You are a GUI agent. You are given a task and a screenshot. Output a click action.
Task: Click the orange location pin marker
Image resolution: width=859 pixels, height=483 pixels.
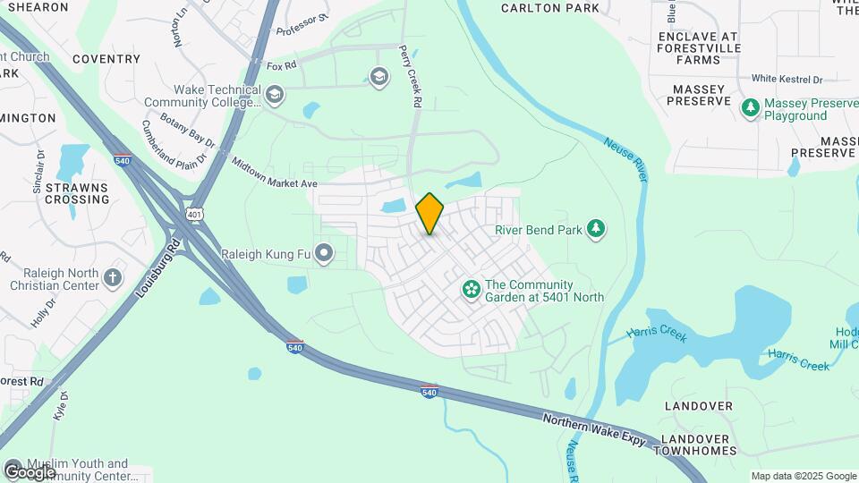[x=430, y=213]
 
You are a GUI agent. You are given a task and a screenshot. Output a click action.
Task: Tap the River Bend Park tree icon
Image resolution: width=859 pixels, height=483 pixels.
[x=596, y=230]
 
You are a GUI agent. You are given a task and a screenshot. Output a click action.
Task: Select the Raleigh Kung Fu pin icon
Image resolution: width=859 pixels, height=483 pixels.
[x=323, y=255]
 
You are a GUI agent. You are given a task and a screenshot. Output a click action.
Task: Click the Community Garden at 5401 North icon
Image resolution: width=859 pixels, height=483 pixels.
[x=471, y=289]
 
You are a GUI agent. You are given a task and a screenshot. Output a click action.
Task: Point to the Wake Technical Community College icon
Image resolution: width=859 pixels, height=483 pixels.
[x=275, y=95]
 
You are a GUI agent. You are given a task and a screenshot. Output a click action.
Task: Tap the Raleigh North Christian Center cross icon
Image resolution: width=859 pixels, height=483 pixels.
[x=113, y=277]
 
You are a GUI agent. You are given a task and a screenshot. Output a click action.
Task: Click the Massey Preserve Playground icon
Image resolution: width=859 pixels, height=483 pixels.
[x=751, y=108]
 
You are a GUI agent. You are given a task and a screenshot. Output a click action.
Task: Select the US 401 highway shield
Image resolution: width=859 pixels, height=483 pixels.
[x=195, y=215]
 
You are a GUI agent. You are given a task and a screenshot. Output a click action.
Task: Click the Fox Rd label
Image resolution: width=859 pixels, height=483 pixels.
[x=281, y=66]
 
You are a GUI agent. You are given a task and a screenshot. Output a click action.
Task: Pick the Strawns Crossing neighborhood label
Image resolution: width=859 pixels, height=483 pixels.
[x=77, y=193]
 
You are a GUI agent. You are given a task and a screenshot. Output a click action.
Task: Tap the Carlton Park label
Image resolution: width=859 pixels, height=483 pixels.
[x=550, y=8]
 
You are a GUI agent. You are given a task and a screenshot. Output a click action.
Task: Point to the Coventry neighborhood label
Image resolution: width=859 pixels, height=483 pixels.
[x=106, y=59]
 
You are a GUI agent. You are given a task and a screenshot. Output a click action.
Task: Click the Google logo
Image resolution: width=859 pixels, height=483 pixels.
[x=30, y=470]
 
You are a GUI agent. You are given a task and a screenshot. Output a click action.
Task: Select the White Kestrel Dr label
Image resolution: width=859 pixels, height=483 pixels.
[x=787, y=79]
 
